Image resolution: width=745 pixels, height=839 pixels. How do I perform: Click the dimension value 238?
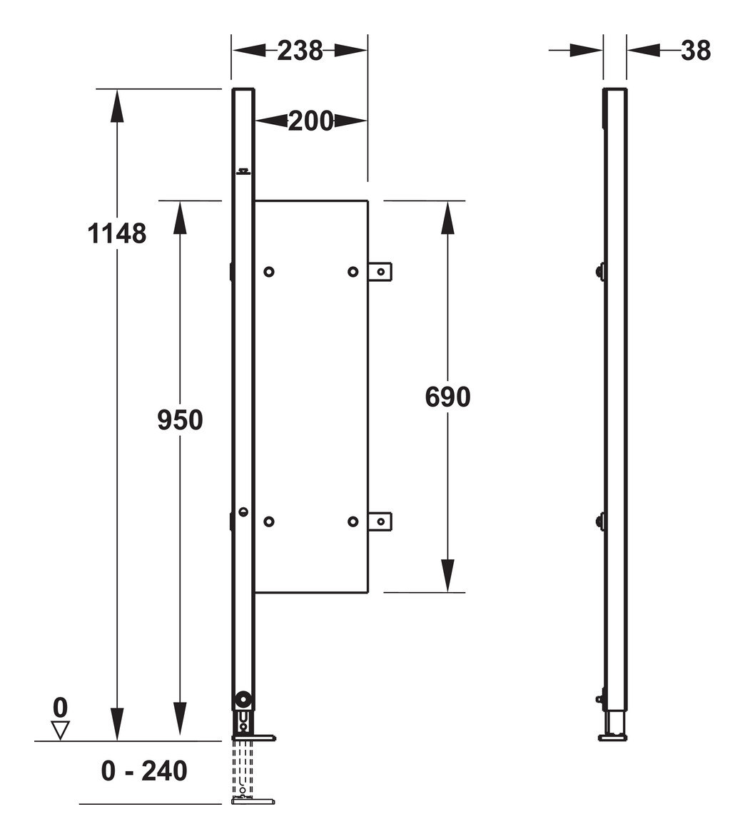coord(300,51)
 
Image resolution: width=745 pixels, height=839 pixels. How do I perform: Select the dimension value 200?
coord(310,121)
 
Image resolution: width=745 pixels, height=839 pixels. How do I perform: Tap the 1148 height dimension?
coord(117,234)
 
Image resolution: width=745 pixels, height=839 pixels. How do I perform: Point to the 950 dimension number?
coord(180,420)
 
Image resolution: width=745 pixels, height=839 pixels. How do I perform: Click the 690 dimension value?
coord(447,397)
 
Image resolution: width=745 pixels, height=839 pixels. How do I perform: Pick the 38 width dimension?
coord(696,51)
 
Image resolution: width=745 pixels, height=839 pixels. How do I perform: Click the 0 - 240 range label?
coord(144,771)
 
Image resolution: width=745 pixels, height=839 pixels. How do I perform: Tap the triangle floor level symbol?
coord(61,730)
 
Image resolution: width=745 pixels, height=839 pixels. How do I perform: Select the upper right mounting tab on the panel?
coord(380,271)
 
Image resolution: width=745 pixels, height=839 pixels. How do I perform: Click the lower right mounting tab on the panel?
coord(380,522)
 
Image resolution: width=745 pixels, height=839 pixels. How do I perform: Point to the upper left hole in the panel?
coord(269,271)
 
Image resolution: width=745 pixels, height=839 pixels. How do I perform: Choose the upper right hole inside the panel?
coord(353,271)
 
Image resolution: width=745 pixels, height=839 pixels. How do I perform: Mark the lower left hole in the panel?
coord(269,522)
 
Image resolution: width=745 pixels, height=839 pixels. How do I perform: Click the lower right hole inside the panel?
coord(353,522)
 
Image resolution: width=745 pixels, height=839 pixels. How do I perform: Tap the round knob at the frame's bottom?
coord(244,700)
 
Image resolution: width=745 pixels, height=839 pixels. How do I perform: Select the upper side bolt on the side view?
coord(600,271)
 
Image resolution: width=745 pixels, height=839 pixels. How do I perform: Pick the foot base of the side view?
coord(613,737)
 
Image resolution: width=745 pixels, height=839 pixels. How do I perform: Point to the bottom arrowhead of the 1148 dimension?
coord(117,724)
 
